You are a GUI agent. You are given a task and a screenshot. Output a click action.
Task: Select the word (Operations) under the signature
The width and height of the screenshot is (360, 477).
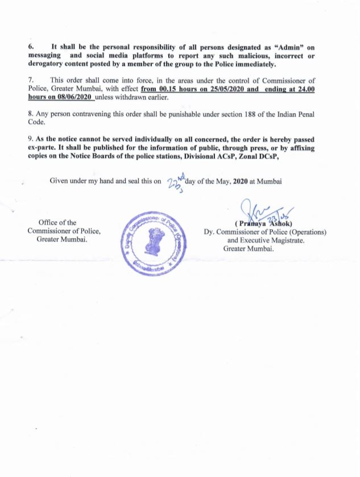pyautogui.click(x=307, y=231)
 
